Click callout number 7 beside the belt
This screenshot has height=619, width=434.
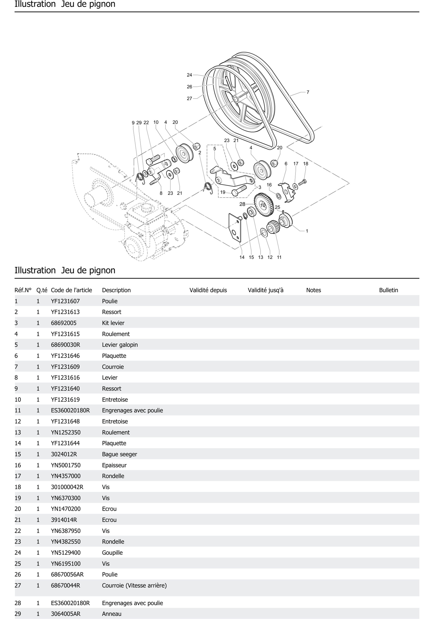pyautogui.click(x=308, y=92)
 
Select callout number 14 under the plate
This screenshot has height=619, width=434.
pyautogui.click(x=242, y=257)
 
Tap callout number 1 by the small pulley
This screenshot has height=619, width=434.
pyautogui.click(x=307, y=231)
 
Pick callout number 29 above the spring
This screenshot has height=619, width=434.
pyautogui.click(x=139, y=123)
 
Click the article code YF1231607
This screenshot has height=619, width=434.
pyautogui.click(x=65, y=301)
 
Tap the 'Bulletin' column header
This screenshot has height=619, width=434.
pyautogui.click(x=388, y=290)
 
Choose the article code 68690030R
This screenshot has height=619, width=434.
pyautogui.click(x=66, y=345)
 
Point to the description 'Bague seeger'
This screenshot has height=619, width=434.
pyautogui.click(x=119, y=454)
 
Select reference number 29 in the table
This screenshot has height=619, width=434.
pyautogui.click(x=18, y=614)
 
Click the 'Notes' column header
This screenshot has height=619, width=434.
pyautogui.click(x=313, y=290)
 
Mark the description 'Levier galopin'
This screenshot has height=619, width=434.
pyautogui.click(x=120, y=345)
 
